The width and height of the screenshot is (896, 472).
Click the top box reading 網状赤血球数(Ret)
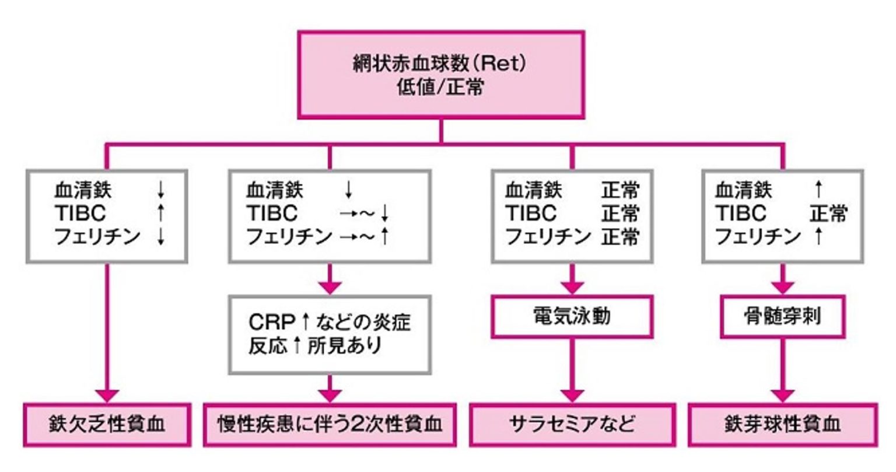[x=440, y=75]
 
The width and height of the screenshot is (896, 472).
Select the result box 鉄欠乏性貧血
[x=107, y=424]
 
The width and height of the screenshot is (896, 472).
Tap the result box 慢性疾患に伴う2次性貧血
[x=330, y=424]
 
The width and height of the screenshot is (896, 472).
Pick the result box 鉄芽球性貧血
[x=783, y=424]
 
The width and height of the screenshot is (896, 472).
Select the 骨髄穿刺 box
[x=783, y=317]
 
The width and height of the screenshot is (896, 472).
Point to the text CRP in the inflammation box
[x=271, y=322]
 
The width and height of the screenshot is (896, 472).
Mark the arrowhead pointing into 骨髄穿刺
[x=783, y=288]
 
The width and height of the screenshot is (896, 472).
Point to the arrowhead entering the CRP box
[x=331, y=288]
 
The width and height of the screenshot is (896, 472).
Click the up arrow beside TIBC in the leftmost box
[x=161, y=213]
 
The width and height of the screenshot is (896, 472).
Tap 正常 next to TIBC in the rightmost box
[x=828, y=214]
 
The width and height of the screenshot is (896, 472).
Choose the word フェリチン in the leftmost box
[x=97, y=237]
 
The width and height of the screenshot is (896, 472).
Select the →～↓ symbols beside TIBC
[x=364, y=214]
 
